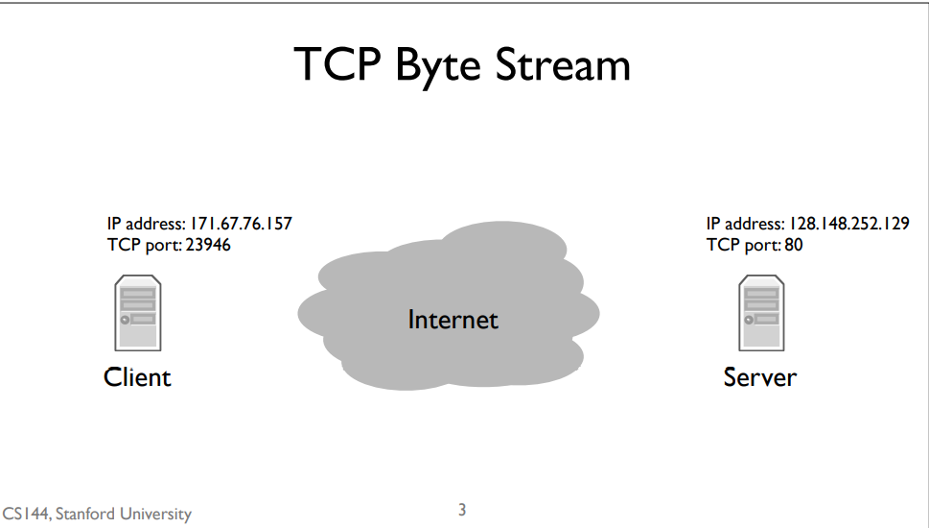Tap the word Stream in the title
(x=563, y=64)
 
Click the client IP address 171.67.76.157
(x=241, y=225)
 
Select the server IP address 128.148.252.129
(x=848, y=225)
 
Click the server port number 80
(x=793, y=245)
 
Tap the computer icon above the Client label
(x=138, y=312)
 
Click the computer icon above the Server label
(x=760, y=312)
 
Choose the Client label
(x=137, y=377)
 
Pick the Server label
(x=760, y=377)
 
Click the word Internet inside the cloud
(x=453, y=319)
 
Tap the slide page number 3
(x=462, y=509)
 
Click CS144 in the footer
(x=26, y=515)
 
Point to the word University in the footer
(x=156, y=515)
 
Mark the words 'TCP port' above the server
(x=738, y=245)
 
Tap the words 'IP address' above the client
(x=146, y=225)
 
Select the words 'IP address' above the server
(x=745, y=225)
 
